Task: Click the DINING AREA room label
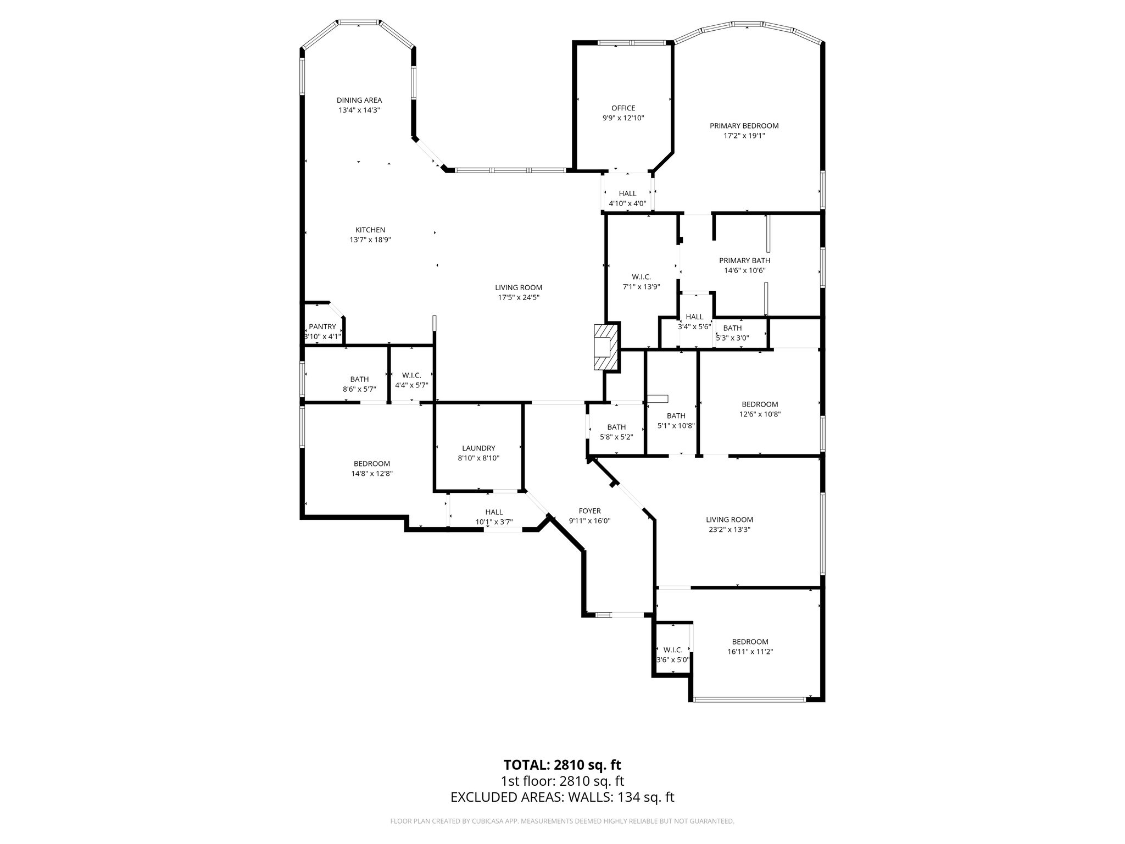[359, 100]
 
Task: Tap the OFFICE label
[623, 108]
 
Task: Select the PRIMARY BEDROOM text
[744, 126]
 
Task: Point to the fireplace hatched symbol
[606, 347]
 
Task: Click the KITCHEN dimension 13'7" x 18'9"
[370, 240]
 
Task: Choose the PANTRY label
[322, 327]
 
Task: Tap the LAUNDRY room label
[478, 448]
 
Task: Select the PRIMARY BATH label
[744, 260]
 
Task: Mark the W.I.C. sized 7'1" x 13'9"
[641, 277]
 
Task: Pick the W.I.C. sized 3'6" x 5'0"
[672, 650]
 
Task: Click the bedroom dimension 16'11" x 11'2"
[749, 652]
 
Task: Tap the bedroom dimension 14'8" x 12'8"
[372, 474]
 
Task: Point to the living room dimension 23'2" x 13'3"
[729, 530]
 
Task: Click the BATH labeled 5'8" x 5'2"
[616, 427]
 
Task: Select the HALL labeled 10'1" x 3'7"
[494, 512]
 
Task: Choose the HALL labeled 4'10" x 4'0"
[627, 193]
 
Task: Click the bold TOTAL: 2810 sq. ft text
[562, 765]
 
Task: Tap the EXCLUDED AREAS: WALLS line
[562, 797]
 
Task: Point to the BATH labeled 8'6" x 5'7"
[359, 379]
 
